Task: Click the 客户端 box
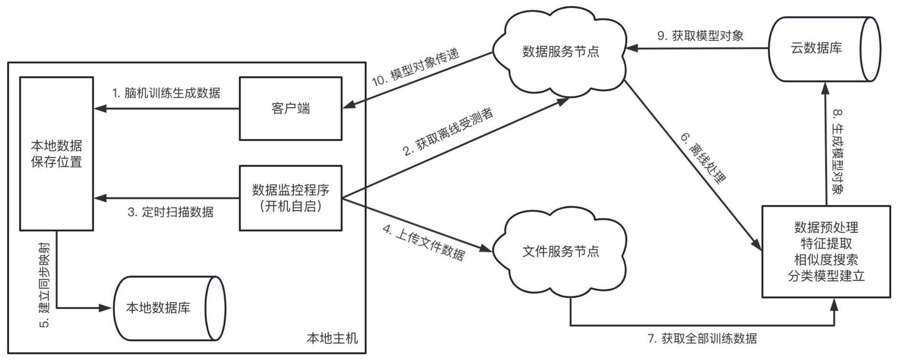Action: (290, 109)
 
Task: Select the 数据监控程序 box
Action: (290, 198)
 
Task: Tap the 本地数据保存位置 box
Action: (56, 153)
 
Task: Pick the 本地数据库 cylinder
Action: (163, 308)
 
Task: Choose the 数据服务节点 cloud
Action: (560, 52)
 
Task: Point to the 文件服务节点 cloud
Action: (560, 251)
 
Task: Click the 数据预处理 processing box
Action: (826, 251)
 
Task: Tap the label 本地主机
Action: (332, 338)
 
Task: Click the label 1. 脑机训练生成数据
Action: (166, 93)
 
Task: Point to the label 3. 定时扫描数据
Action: (170, 212)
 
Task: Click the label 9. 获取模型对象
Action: (700, 36)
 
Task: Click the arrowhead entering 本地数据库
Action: (106, 308)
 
